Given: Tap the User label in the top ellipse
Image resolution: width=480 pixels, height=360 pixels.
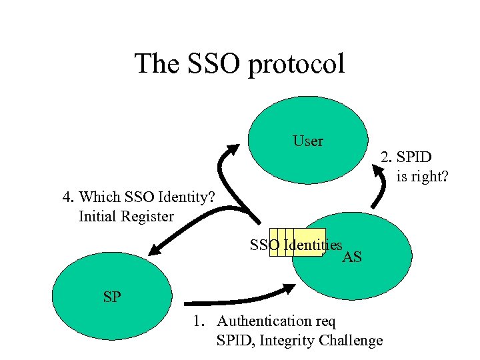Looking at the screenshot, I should pos(307,141).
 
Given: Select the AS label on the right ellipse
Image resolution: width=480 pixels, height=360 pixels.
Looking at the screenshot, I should pos(351,257).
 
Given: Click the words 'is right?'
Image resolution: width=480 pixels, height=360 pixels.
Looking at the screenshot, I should pos(422,177).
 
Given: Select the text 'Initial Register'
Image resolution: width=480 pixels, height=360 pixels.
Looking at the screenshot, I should pos(126,216).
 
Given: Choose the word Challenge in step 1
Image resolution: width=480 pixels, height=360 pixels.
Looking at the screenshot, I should pos(351,341).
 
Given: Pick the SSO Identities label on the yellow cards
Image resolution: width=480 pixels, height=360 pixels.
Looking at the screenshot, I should pos(296,245).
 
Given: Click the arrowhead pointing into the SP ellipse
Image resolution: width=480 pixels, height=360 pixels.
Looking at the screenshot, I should pos(155,250).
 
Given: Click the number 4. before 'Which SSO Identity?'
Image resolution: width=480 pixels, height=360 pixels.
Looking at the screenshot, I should pos(68,197).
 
